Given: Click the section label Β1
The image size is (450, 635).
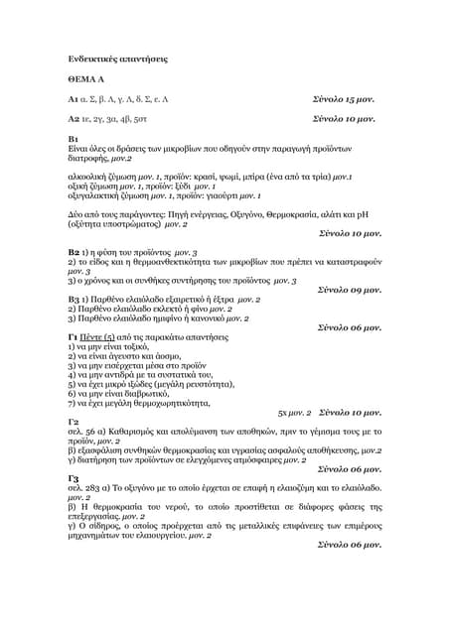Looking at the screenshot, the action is click(x=73, y=140).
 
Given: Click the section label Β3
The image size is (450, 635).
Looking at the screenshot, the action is click(x=74, y=299).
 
